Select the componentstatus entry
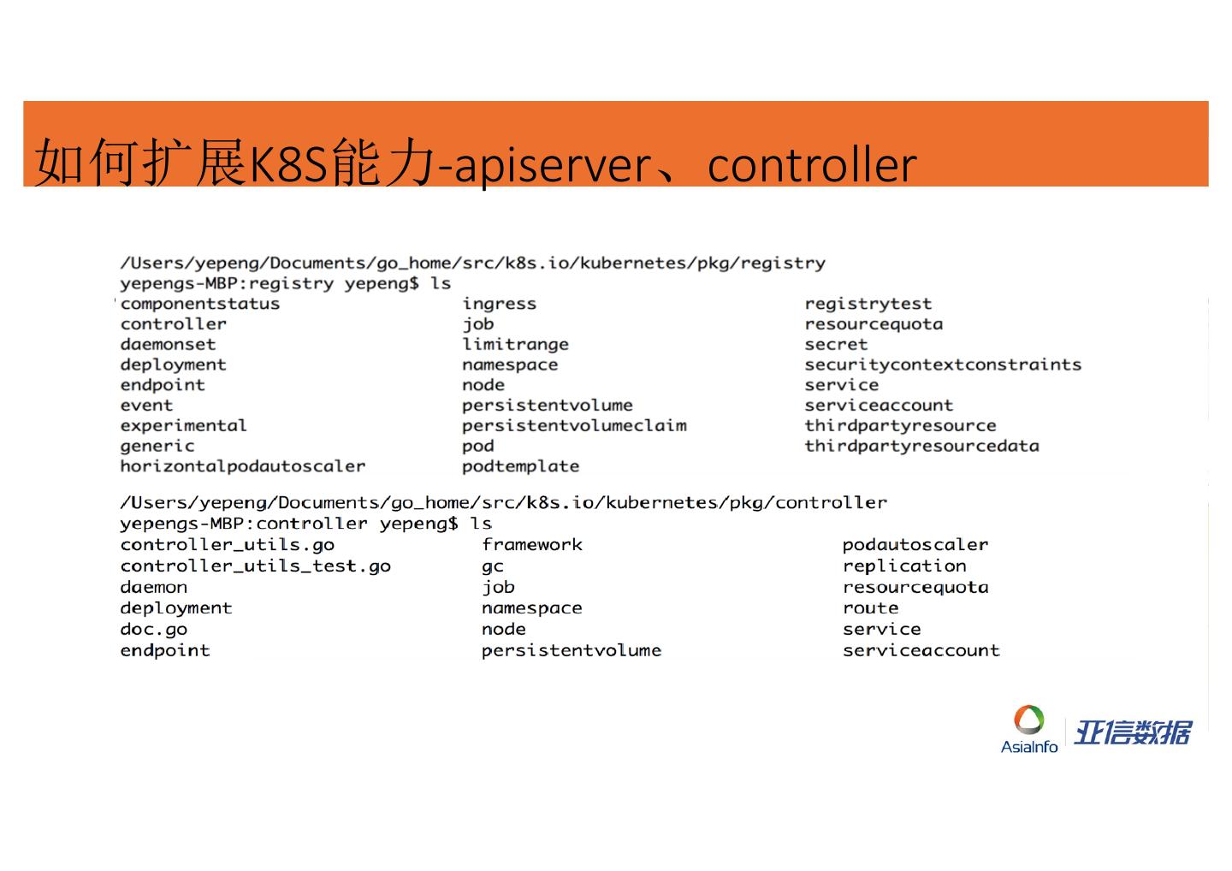point(200,304)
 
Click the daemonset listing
point(168,344)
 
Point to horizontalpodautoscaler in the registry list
point(243,466)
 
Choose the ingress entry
point(500,304)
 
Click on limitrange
point(515,344)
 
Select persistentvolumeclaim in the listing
point(574,425)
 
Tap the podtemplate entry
point(520,466)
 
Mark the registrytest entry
point(868,304)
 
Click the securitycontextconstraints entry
point(943,364)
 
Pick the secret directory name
point(836,344)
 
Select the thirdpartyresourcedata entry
point(921,446)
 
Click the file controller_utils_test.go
point(255,566)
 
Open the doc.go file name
point(154,629)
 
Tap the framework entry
point(532,544)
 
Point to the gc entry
point(493,566)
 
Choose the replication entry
point(904,566)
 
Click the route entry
point(870,607)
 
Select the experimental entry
point(183,425)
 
